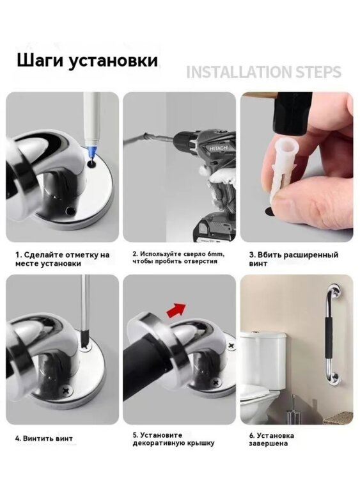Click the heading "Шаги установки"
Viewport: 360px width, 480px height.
coord(87,61)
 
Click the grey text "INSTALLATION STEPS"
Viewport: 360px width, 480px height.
coord(263,72)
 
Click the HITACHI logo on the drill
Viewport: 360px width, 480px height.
coord(219,148)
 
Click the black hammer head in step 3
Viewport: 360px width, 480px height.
coord(292,113)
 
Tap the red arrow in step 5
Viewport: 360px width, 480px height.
coord(176,310)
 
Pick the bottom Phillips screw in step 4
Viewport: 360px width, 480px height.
coord(67,390)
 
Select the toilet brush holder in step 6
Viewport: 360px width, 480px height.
coord(292,410)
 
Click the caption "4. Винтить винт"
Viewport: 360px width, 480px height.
coord(44,438)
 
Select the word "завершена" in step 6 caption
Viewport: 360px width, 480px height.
coord(268,444)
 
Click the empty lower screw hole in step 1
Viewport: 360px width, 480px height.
coord(71,211)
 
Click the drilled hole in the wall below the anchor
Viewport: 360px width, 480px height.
coord(269,211)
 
